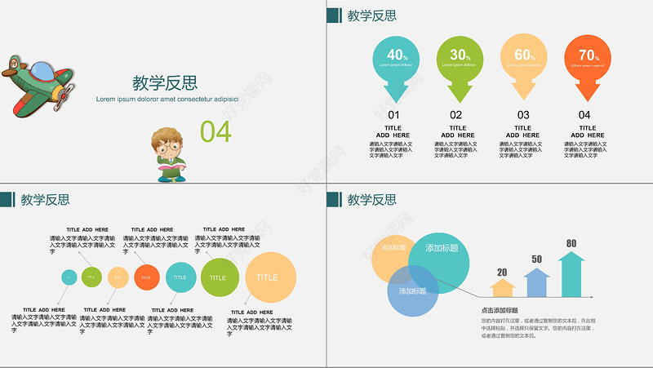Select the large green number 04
[x=216, y=131]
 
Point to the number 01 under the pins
[x=393, y=115]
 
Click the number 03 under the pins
[x=523, y=115]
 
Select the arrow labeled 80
[x=571, y=273]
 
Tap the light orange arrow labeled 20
[x=502, y=286]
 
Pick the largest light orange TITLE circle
[x=270, y=277]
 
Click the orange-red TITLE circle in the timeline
[x=146, y=277]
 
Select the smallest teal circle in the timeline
[x=69, y=277]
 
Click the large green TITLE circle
[x=219, y=277]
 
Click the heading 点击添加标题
[x=500, y=310]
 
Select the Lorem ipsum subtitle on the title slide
[x=167, y=99]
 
